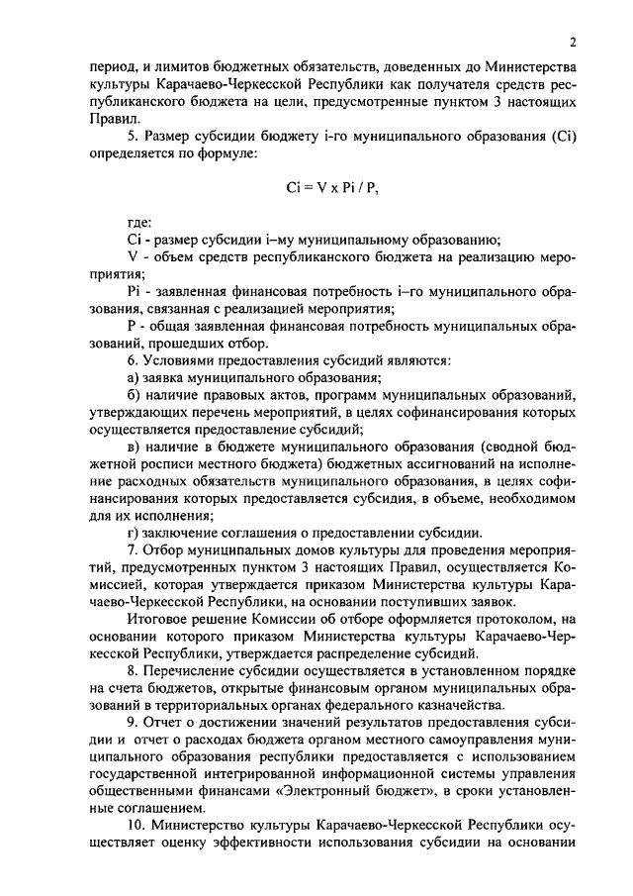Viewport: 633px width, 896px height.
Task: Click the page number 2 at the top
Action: [571, 42]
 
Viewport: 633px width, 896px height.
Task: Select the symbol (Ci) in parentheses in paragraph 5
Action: [561, 136]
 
